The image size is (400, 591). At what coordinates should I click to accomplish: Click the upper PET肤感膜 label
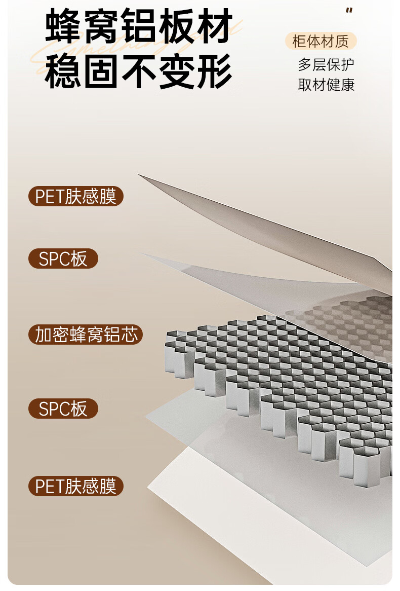(x=76, y=196)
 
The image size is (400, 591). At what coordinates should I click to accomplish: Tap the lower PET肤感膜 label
(x=76, y=486)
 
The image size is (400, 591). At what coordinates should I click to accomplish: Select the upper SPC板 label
(x=63, y=258)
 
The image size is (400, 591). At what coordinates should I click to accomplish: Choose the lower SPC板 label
(x=63, y=409)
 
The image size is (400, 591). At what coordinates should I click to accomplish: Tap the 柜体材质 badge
(x=321, y=41)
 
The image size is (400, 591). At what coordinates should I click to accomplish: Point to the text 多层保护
(x=326, y=64)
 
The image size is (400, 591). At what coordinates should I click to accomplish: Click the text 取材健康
(x=326, y=85)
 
